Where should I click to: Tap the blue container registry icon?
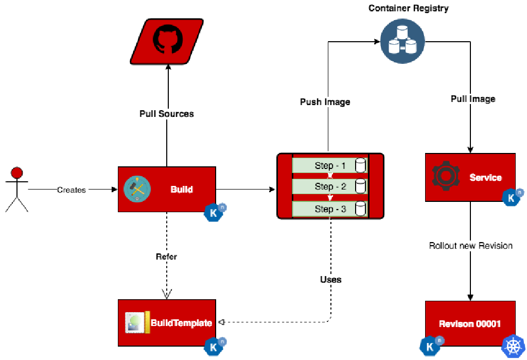(402, 42)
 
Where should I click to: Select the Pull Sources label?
(167, 114)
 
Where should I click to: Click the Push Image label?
(325, 102)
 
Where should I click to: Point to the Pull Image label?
(472, 99)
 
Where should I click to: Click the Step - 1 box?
(330, 166)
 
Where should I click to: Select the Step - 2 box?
(330, 186)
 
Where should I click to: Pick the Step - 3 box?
(330, 209)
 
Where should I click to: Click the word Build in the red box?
(182, 190)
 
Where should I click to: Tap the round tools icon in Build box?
(137, 189)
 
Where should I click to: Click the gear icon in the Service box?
(445, 175)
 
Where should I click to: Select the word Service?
(485, 178)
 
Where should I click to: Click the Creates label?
(72, 190)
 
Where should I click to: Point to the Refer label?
(166, 256)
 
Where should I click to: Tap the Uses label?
(330, 280)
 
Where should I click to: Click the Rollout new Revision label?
(470, 246)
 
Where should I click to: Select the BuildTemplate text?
(181, 323)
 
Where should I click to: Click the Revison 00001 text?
(469, 324)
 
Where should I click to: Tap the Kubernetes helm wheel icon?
(513, 346)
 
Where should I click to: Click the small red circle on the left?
(17, 173)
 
